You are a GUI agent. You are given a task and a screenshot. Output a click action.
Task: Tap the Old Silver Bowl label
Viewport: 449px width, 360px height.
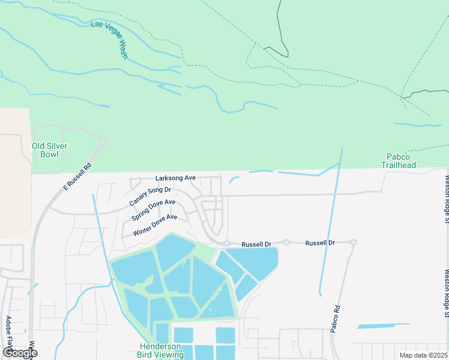(50, 150)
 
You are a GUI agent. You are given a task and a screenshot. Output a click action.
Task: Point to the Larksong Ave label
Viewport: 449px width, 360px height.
(175, 178)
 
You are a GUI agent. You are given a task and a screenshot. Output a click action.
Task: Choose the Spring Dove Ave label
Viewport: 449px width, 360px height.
(153, 211)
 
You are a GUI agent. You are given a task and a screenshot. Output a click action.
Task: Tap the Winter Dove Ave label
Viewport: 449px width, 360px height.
(155, 224)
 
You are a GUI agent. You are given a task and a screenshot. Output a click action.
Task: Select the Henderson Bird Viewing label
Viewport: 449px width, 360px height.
(161, 350)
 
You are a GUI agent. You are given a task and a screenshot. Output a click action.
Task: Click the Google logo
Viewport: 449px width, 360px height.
(19, 353)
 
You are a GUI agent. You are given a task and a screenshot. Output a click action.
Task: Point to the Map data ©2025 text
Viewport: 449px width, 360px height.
(423, 355)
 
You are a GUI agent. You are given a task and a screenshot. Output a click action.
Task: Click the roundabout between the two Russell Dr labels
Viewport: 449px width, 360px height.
(287, 242)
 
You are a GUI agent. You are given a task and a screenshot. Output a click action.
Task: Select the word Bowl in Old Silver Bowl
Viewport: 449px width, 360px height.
(50, 154)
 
